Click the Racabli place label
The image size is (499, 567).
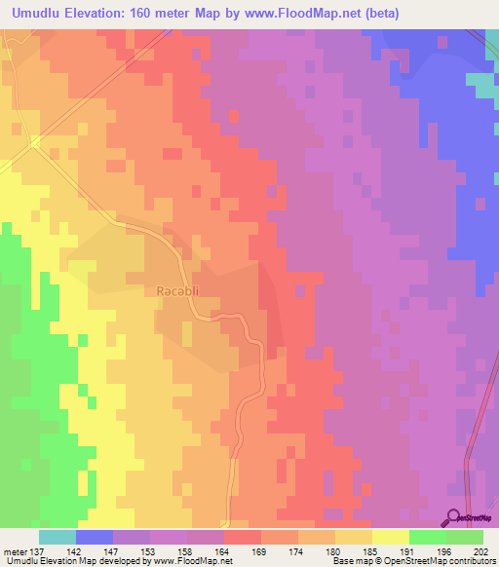(x=176, y=290)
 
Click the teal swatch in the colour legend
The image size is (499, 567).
(x=58, y=537)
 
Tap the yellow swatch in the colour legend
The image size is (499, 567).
(x=390, y=537)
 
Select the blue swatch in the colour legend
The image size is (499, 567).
(x=95, y=537)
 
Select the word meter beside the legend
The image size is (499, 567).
(x=16, y=551)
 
